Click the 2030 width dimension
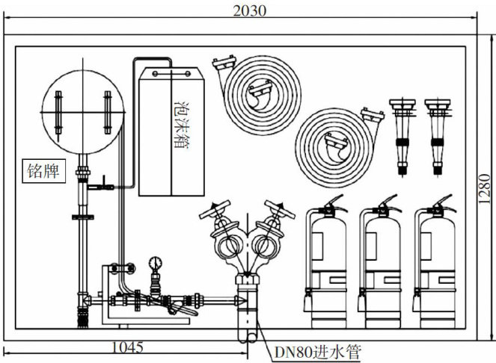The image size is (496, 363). [x=250, y=10]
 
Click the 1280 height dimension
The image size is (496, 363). [x=484, y=189]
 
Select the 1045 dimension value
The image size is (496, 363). [x=127, y=348]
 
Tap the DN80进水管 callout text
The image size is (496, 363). [x=317, y=353]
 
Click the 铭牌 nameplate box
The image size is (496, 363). [x=43, y=171]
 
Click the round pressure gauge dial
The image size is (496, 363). [x=156, y=263]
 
